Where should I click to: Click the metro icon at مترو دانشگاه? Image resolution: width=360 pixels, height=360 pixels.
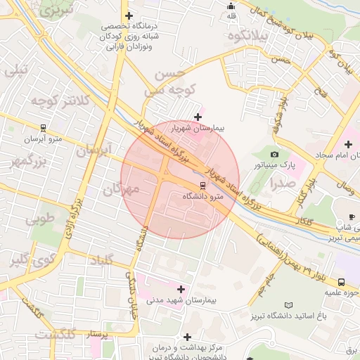point(203,186)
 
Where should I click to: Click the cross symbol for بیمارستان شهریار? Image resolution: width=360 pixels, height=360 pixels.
point(198,117)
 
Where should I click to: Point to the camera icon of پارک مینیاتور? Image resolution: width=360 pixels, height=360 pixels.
point(274,154)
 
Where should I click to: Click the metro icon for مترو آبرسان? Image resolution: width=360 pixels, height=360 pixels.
point(44,128)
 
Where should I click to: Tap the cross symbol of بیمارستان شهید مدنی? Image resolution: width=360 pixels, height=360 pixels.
point(181,289)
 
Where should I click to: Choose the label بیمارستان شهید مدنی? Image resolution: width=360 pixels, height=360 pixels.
point(181,300)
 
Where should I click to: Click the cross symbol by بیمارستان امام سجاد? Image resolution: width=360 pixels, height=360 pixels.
point(348,143)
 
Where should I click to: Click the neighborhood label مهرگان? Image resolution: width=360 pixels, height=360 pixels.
point(122,189)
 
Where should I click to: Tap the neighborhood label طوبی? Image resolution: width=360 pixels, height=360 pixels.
point(40,219)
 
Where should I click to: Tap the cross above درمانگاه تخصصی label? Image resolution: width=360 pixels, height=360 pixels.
point(128,15)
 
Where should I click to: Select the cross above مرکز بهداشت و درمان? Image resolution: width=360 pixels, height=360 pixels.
point(186,337)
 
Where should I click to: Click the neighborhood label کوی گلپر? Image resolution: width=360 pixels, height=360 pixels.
point(29,261)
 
